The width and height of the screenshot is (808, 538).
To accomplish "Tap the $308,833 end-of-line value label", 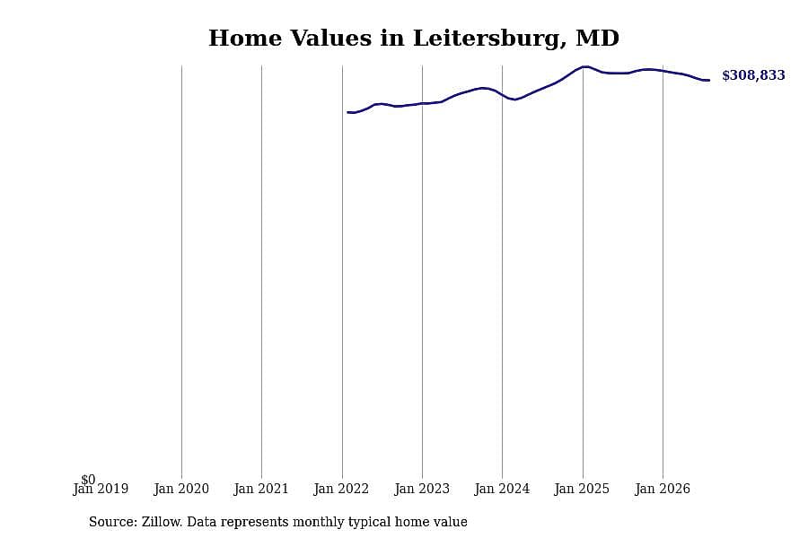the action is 753,75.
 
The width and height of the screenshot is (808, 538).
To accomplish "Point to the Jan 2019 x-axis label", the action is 101,489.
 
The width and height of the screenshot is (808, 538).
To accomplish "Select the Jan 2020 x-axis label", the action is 181,489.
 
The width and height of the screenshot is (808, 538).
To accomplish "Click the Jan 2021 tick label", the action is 261,489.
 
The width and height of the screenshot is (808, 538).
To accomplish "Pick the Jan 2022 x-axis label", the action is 342,489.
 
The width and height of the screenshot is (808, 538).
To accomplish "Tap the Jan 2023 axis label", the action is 422,489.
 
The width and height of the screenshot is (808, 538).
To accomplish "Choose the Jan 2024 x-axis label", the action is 502,489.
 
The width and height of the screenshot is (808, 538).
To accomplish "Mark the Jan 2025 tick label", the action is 583,489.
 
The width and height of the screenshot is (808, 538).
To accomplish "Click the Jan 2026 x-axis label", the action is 663,489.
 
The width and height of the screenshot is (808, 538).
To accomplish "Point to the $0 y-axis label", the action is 88,480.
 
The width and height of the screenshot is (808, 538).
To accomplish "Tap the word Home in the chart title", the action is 245,39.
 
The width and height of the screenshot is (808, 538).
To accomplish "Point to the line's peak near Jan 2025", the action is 584,66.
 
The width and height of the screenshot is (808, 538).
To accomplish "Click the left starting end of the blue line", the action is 347,112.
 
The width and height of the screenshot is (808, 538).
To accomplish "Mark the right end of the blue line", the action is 709,81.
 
